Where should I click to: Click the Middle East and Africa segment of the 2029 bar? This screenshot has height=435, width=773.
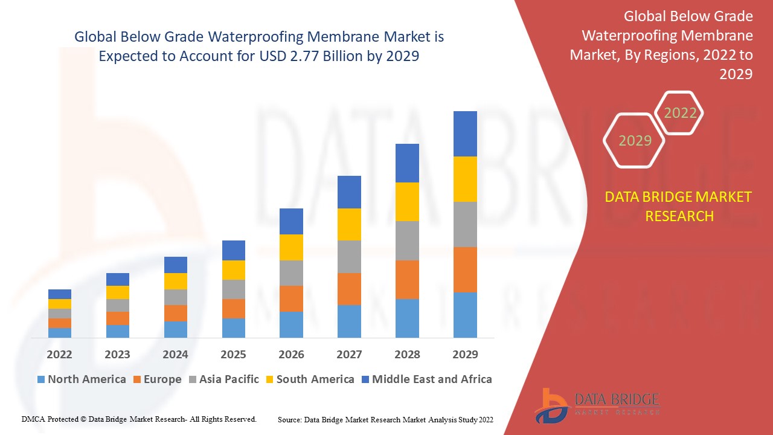click(465, 134)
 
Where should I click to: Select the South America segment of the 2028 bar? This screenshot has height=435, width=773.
click(407, 202)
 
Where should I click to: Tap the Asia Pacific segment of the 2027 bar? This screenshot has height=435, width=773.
click(349, 257)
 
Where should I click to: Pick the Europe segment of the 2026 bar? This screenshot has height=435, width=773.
click(291, 298)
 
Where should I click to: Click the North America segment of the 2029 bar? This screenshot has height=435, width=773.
click(465, 315)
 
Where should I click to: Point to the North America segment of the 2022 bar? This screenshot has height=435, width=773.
click(60, 333)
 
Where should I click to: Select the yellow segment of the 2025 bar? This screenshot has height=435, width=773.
click(234, 270)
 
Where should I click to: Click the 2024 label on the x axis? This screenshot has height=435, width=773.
click(176, 354)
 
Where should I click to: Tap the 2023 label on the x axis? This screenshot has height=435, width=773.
click(117, 354)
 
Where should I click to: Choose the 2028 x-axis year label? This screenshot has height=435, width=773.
click(407, 354)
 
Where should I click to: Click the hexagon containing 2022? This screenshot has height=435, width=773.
click(680, 113)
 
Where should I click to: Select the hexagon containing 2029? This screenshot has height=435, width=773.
click(634, 141)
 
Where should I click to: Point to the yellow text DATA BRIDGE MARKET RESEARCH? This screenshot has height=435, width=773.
click(679, 206)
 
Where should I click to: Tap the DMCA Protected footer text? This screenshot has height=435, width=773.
click(139, 419)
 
